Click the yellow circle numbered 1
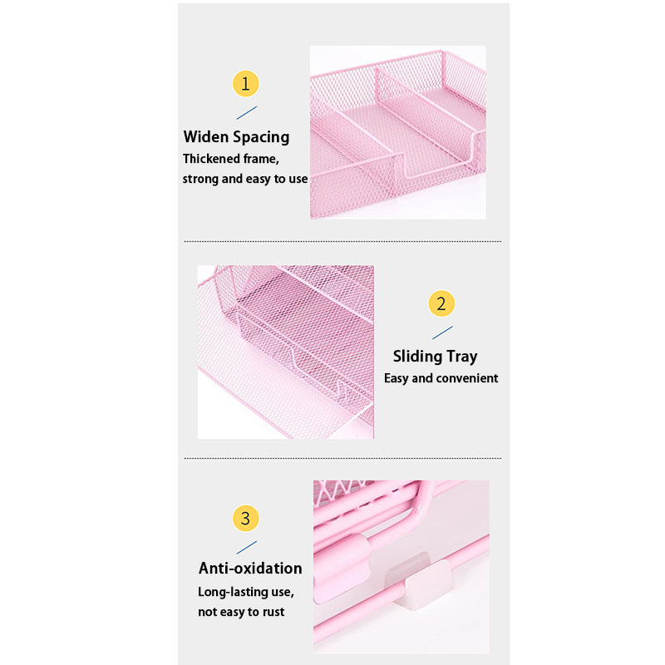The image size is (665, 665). pyautogui.click(x=245, y=84)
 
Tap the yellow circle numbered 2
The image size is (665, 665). pyautogui.click(x=441, y=303)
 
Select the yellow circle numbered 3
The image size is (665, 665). pyautogui.click(x=245, y=518)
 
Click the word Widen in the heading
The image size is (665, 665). pyautogui.click(x=205, y=136)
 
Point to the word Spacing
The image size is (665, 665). pyautogui.click(x=261, y=138)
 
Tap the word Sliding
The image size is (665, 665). pyautogui.click(x=417, y=357)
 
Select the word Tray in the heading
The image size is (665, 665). pyautogui.click(x=462, y=357)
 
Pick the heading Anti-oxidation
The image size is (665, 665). pyautogui.click(x=250, y=569)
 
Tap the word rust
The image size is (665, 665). pyautogui.click(x=273, y=612)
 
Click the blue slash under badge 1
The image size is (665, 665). pyautogui.click(x=246, y=113)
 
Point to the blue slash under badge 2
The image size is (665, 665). pyautogui.click(x=442, y=332)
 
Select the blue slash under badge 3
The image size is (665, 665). pyautogui.click(x=246, y=548)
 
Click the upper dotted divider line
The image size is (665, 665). pyautogui.click(x=342, y=241)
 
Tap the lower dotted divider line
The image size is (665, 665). pyautogui.click(x=342, y=458)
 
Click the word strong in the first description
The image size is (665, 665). pyautogui.click(x=200, y=180)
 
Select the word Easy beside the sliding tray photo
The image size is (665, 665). pyautogui.click(x=397, y=378)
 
